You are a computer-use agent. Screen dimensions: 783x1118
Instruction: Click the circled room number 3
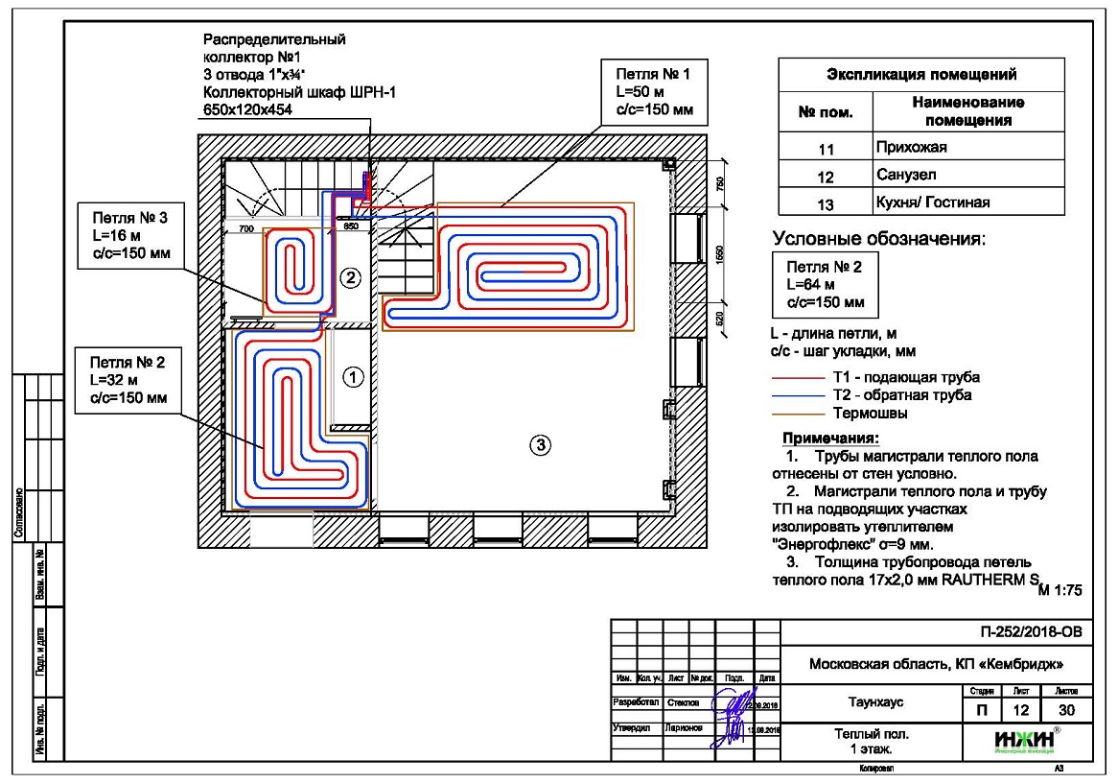tap(540, 443)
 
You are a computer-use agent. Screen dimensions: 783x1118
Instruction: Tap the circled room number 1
tap(354, 377)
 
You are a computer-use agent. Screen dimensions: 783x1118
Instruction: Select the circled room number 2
tap(350, 278)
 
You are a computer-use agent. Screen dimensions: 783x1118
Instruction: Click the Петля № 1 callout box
tap(652, 92)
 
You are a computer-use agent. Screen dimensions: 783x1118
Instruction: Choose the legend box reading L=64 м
tap(825, 284)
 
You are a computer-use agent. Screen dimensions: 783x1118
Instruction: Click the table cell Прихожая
tap(911, 148)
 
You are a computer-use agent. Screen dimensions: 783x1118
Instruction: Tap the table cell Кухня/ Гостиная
tap(932, 202)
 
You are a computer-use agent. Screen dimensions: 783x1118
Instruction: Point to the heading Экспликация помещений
tap(921, 75)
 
